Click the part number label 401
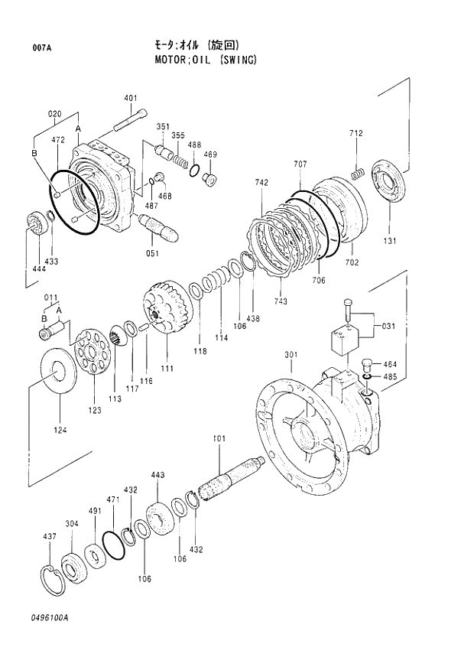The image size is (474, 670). pyautogui.click(x=130, y=97)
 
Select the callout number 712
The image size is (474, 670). pyautogui.click(x=356, y=133)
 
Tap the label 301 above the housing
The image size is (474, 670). pyautogui.click(x=291, y=355)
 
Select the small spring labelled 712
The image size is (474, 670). pyautogui.click(x=355, y=174)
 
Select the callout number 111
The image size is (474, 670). pyautogui.click(x=167, y=369)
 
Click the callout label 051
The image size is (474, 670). pyautogui.click(x=151, y=253)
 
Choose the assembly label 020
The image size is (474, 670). pyautogui.click(x=54, y=115)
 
